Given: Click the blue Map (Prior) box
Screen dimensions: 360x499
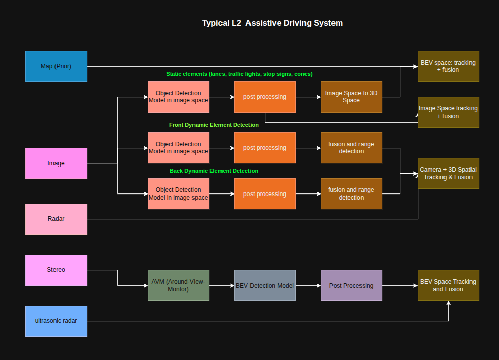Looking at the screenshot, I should [x=56, y=66].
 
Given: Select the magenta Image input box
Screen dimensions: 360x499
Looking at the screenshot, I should [x=56, y=163].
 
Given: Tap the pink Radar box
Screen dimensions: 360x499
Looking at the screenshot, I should [x=56, y=219].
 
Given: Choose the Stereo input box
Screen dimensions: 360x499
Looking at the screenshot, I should [x=56, y=270].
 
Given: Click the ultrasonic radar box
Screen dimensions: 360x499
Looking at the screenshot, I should [x=56, y=321].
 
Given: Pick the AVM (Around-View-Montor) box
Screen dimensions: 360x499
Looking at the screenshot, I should [x=178, y=285].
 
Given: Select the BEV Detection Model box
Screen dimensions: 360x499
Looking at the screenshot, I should [x=265, y=285].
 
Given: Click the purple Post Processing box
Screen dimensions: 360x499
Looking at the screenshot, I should [x=351, y=285].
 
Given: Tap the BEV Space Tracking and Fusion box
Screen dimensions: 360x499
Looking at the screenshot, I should [x=448, y=285].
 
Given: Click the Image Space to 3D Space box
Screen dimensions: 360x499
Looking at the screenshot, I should [x=351, y=97].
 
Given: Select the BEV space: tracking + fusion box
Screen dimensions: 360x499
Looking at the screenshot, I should [x=448, y=66].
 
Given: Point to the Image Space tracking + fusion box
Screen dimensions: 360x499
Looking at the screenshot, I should [x=448, y=112].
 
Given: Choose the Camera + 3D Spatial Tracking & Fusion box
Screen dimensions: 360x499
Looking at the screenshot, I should [x=448, y=173].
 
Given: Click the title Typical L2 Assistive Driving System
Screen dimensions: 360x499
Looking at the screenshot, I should [x=272, y=23].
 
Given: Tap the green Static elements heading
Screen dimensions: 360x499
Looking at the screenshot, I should [x=239, y=74].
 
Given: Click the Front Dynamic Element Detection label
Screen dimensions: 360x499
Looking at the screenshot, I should [x=213, y=125].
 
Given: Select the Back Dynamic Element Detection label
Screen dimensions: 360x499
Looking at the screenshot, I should [x=213, y=171].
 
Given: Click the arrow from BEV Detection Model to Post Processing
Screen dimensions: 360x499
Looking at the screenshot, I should [x=308, y=286].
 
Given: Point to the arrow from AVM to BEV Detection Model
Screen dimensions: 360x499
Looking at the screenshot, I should [x=221, y=286].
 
